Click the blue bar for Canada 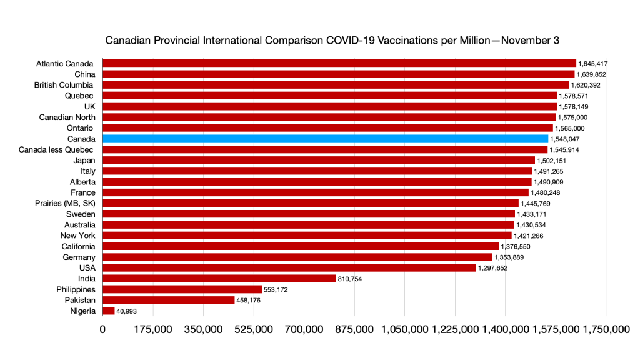[x=325, y=139]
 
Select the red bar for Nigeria [x=109, y=311]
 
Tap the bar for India [x=219, y=278]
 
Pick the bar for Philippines [x=182, y=289]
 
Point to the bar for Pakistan [x=168, y=300]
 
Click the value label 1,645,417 [x=593, y=64]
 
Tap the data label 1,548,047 [x=566, y=139]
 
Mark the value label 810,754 [x=354, y=279]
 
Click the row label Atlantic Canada [x=64, y=63]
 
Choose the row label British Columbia [x=63, y=84]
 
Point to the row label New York [x=77, y=236]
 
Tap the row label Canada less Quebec [x=57, y=149]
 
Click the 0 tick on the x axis [x=102, y=329]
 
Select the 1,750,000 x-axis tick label [x=606, y=329]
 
